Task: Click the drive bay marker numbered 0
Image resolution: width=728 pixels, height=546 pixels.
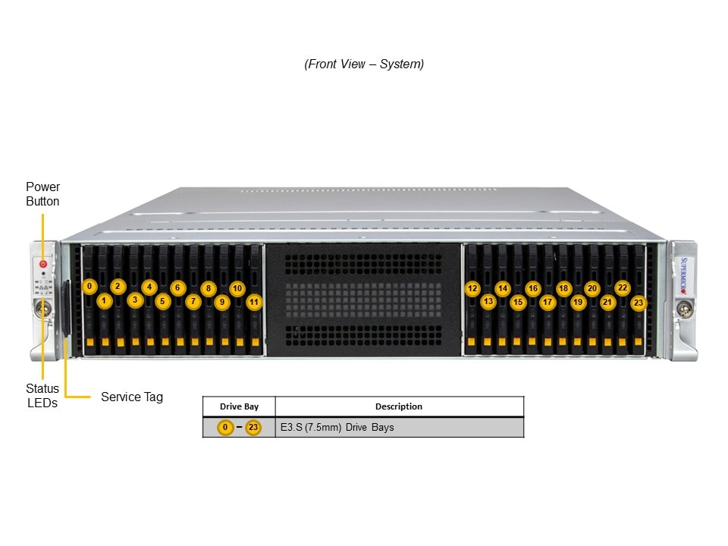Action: click(89, 286)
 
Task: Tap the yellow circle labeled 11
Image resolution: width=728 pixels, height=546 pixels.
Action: click(254, 301)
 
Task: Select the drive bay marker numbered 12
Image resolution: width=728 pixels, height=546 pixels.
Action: click(472, 288)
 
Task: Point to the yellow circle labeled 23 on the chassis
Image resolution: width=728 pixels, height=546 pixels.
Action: click(639, 303)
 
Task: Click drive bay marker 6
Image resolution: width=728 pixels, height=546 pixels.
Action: click(177, 287)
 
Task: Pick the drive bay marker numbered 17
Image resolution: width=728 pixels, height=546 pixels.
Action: click(548, 302)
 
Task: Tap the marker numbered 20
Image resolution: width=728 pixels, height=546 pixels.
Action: click(592, 288)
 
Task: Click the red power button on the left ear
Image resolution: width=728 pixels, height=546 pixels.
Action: click(43, 264)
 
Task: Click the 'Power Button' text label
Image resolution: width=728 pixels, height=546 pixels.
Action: click(42, 194)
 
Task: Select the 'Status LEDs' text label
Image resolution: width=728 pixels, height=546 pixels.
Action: click(42, 396)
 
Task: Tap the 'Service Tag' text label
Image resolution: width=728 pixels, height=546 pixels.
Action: click(132, 397)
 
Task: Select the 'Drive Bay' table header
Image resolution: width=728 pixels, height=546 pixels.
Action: click(239, 406)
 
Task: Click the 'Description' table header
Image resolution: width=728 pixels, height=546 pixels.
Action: click(399, 406)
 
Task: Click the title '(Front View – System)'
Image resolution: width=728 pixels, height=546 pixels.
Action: click(364, 64)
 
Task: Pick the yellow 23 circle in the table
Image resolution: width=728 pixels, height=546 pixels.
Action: click(253, 428)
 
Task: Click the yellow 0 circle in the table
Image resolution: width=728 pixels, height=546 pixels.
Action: click(225, 428)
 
